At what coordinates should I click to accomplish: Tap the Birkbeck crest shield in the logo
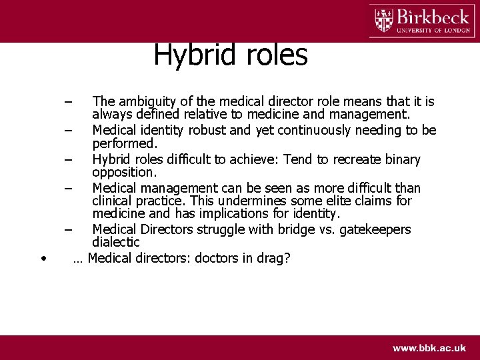[x=384, y=20]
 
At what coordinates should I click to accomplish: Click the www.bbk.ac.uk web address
[x=429, y=348]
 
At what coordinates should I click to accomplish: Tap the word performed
[x=124, y=143]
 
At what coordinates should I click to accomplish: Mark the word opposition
[x=123, y=172]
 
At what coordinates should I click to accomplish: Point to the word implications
[x=214, y=214]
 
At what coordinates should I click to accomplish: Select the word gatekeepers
[x=375, y=229]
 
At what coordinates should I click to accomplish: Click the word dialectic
[x=116, y=243]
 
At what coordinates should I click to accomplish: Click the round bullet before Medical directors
[x=43, y=259]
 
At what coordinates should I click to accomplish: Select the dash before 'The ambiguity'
[x=68, y=102]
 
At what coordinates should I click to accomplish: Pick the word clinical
[x=113, y=201]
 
